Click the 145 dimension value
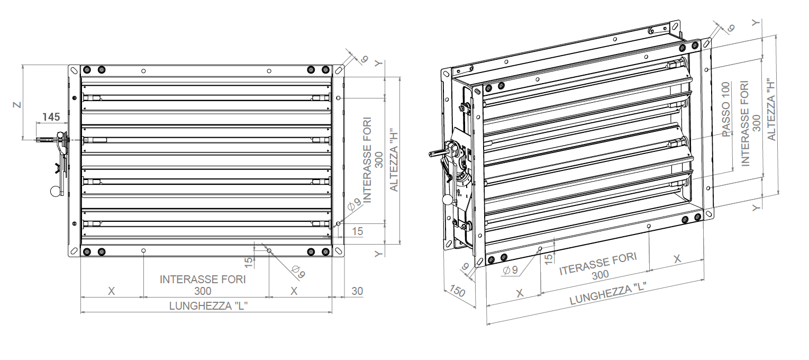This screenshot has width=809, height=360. (51, 117)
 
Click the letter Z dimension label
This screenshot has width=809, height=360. (17, 105)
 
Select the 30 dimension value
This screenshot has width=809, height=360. (357, 291)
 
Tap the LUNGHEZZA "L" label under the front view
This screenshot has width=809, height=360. (208, 306)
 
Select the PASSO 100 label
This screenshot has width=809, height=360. (726, 110)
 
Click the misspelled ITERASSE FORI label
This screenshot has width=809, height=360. (598, 264)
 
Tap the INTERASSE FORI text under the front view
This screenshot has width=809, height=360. (203, 279)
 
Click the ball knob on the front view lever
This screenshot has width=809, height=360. (56, 191)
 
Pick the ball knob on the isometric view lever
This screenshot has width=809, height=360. (448, 200)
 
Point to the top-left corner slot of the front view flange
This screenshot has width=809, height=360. (74, 70)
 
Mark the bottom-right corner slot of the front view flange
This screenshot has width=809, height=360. (339, 250)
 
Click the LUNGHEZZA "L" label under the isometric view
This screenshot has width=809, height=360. (608, 294)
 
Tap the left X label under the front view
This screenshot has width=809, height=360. (111, 291)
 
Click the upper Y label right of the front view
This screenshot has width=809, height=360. (378, 63)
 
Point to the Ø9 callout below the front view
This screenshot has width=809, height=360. (298, 272)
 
